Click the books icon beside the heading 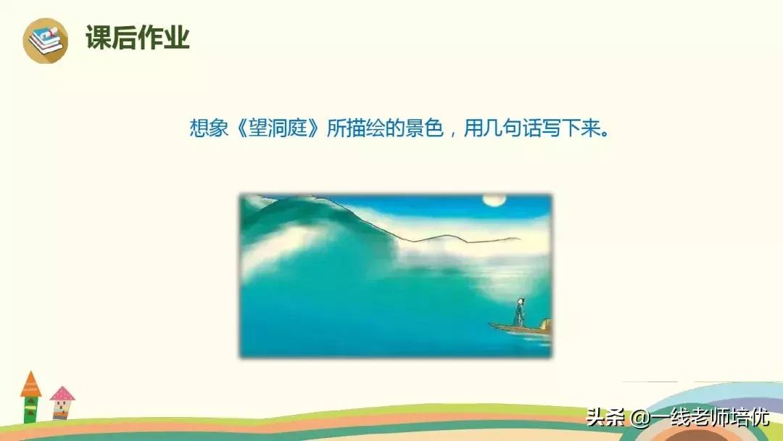(x=45, y=39)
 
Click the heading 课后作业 (x=138, y=38)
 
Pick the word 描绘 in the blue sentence (x=363, y=130)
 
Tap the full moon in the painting (x=493, y=200)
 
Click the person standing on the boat (x=519, y=312)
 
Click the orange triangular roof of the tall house (x=30, y=385)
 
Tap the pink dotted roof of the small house (x=62, y=394)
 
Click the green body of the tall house (x=30, y=410)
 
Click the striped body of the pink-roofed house (x=61, y=410)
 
